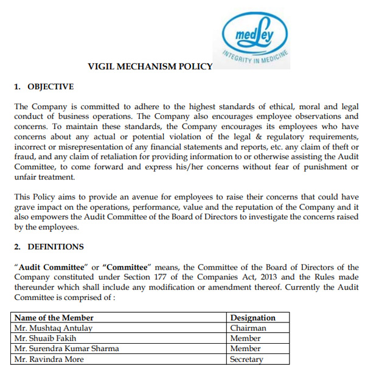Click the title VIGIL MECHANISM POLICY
pyautogui.click(x=150, y=66)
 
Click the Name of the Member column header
pyautogui.click(x=54, y=318)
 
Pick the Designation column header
pyautogui.click(x=253, y=318)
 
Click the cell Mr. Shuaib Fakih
pyautogui.click(x=45, y=338)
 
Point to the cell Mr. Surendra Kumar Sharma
pyautogui.click(x=66, y=349)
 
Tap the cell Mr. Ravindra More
pyautogui.click(x=49, y=359)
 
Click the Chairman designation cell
pyautogui.click(x=248, y=328)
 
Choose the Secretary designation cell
pyautogui.click(x=247, y=359)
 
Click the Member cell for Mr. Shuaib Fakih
pyautogui.click(x=246, y=338)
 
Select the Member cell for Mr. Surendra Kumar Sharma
pyautogui.click(x=246, y=349)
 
